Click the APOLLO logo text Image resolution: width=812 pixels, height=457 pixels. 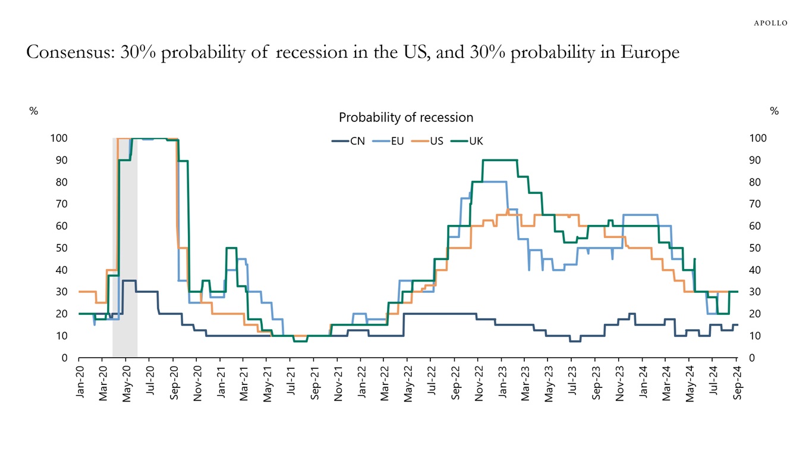(x=770, y=23)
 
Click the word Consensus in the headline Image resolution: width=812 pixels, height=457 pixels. (x=69, y=52)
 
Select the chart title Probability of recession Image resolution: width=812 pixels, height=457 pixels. (x=405, y=117)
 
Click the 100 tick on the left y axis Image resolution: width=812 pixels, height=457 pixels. (x=59, y=138)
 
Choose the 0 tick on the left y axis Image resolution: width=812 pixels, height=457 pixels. (x=64, y=358)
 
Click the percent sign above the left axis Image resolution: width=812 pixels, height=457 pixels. (x=34, y=111)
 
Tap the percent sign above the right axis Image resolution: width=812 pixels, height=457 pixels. (x=774, y=111)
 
